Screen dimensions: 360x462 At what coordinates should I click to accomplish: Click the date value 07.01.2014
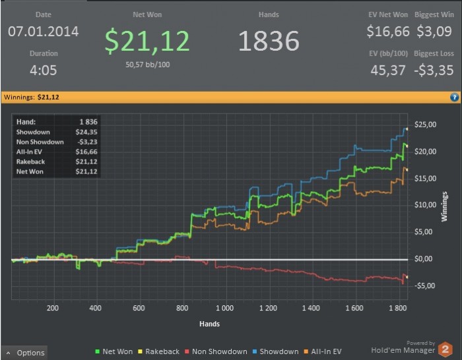(44, 31)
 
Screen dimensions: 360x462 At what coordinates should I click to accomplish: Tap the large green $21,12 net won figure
(147, 40)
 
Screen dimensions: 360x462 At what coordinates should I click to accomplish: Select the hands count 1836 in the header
(269, 40)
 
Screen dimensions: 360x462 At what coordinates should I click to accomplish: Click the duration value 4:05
(44, 70)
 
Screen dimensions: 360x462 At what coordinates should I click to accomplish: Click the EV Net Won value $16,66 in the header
(388, 31)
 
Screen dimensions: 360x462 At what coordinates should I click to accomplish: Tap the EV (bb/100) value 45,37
(388, 70)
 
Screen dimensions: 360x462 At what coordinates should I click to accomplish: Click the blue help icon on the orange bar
(454, 97)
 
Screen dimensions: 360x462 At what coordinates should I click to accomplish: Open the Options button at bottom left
(24, 353)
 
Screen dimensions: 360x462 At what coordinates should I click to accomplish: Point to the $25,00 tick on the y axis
(424, 125)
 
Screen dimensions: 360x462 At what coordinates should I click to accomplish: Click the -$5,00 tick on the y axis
(424, 285)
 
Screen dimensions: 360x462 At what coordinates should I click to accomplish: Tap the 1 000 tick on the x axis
(225, 308)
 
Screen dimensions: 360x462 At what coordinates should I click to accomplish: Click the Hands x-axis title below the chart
(210, 324)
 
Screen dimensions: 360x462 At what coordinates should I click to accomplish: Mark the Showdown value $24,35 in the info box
(86, 132)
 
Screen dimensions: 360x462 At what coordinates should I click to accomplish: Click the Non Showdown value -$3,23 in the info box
(86, 142)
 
